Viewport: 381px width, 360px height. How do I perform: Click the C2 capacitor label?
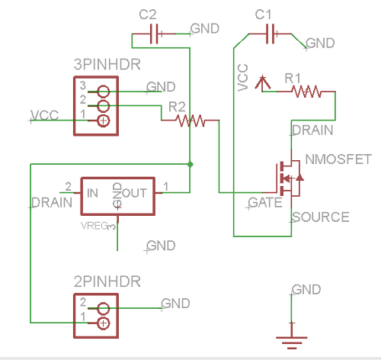tap(149, 14)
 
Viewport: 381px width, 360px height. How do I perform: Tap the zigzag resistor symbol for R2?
tap(189, 120)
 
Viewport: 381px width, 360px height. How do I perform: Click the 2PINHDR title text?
tap(107, 281)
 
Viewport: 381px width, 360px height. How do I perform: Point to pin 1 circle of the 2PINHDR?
tap(103, 323)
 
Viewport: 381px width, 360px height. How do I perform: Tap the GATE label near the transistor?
tap(266, 203)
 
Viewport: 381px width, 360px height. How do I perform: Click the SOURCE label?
tap(320, 217)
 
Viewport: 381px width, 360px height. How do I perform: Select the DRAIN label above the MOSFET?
tap(312, 130)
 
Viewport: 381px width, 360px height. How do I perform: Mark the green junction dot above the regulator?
tap(190, 163)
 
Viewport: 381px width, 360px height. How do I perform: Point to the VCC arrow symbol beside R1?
tap(261, 81)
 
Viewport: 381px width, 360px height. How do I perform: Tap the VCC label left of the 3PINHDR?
tap(45, 115)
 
